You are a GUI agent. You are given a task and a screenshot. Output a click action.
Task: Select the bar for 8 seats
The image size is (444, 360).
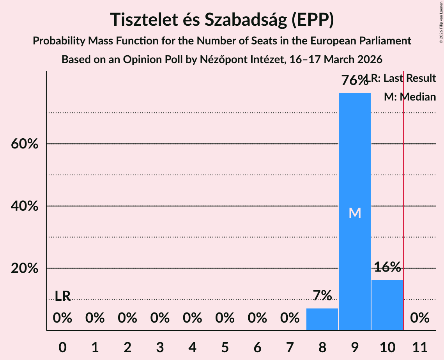click(322, 319)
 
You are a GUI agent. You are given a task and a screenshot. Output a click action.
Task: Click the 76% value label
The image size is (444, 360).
click(354, 81)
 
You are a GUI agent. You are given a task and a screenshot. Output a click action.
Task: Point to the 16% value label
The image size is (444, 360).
click(387, 267)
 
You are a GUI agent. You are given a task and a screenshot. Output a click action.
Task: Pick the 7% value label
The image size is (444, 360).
click(322, 296)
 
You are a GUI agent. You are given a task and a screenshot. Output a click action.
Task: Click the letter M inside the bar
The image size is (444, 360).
click(355, 213)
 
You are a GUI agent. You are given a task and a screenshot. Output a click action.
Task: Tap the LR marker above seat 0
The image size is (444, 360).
click(62, 296)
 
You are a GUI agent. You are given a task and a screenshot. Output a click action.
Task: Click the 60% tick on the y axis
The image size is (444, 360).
click(24, 144)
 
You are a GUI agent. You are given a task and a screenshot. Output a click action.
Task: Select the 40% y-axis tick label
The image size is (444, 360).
click(24, 206)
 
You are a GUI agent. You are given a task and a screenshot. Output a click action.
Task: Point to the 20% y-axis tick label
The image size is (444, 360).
click(24, 268)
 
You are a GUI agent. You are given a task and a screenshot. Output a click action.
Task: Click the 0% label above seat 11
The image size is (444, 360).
click(420, 318)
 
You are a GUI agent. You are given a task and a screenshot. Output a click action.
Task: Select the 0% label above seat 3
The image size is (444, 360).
click(160, 318)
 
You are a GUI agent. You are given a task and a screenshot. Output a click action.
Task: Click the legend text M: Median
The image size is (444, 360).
click(410, 97)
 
